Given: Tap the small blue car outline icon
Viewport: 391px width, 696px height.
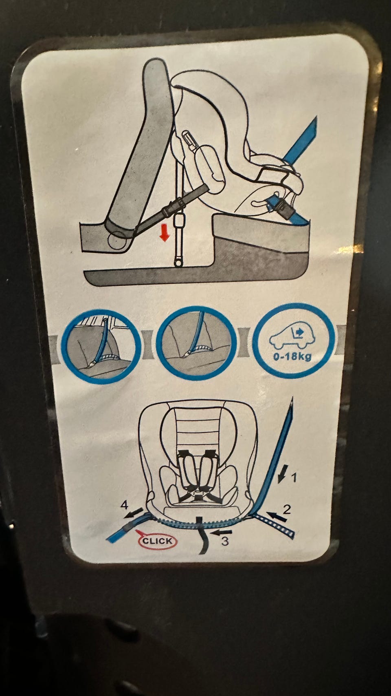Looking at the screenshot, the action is click(x=292, y=336).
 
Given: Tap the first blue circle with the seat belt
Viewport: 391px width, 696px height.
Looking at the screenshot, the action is click(x=101, y=345).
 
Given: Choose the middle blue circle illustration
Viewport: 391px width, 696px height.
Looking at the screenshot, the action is click(x=196, y=344).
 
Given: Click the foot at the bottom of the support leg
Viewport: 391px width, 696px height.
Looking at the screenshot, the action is click(x=178, y=263).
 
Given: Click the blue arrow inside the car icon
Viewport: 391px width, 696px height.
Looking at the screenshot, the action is click(x=299, y=332).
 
